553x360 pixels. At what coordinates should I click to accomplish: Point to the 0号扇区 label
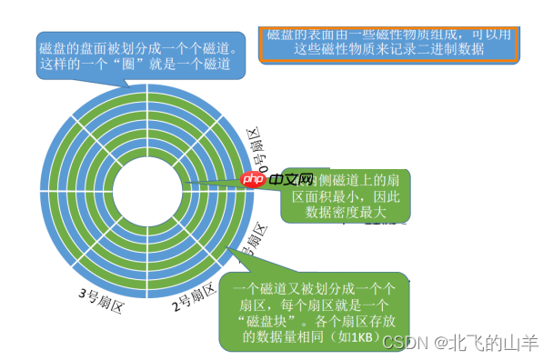click(x=258, y=152)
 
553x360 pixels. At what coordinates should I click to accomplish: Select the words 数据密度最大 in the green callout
click(x=351, y=212)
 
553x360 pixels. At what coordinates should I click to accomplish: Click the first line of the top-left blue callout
click(x=137, y=47)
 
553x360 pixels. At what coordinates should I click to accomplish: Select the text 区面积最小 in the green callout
click(x=322, y=195)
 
